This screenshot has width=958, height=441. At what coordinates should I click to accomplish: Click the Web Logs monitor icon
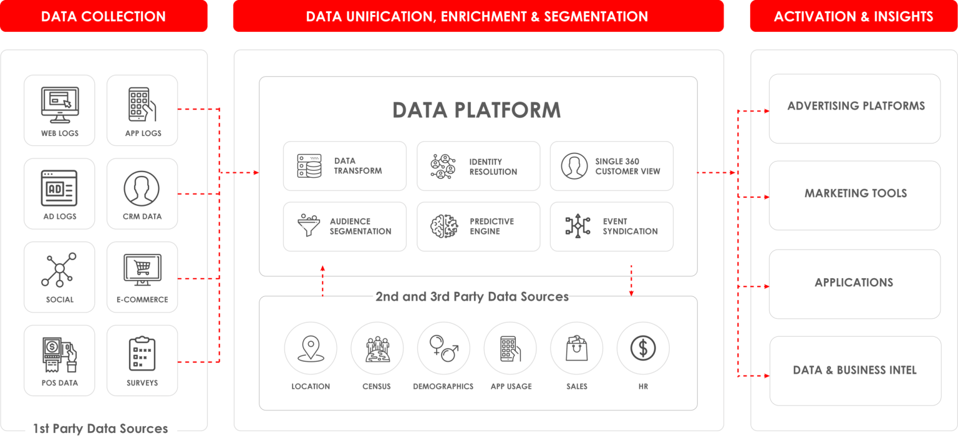point(60,105)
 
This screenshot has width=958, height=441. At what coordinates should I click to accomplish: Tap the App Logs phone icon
point(142,104)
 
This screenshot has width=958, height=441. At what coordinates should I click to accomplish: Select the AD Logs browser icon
point(59,188)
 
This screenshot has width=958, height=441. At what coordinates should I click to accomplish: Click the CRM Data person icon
point(142,188)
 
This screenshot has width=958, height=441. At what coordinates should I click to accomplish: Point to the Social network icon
point(59,269)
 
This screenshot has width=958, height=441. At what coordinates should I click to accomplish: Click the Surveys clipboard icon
point(142,353)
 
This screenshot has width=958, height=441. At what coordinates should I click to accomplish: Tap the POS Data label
point(59,383)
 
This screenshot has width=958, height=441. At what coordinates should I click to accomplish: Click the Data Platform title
point(477,110)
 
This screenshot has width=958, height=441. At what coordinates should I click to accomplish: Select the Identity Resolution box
point(478,166)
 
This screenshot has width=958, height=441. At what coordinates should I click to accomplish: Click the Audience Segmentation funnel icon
point(309,225)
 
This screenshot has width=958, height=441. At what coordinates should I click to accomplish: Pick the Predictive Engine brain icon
point(444,226)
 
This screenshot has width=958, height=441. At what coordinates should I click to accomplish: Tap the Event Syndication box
point(612,226)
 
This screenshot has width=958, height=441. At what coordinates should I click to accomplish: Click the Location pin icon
point(311,349)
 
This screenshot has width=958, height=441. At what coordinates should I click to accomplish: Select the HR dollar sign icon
point(643,348)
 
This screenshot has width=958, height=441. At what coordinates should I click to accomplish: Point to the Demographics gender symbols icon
point(444,348)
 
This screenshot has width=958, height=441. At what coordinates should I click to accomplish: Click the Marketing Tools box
point(854,195)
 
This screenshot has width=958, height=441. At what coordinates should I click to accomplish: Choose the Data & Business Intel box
point(855,371)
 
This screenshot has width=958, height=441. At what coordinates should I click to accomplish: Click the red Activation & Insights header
point(854,16)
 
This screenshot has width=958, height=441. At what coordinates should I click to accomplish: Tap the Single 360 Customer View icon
point(574,166)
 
